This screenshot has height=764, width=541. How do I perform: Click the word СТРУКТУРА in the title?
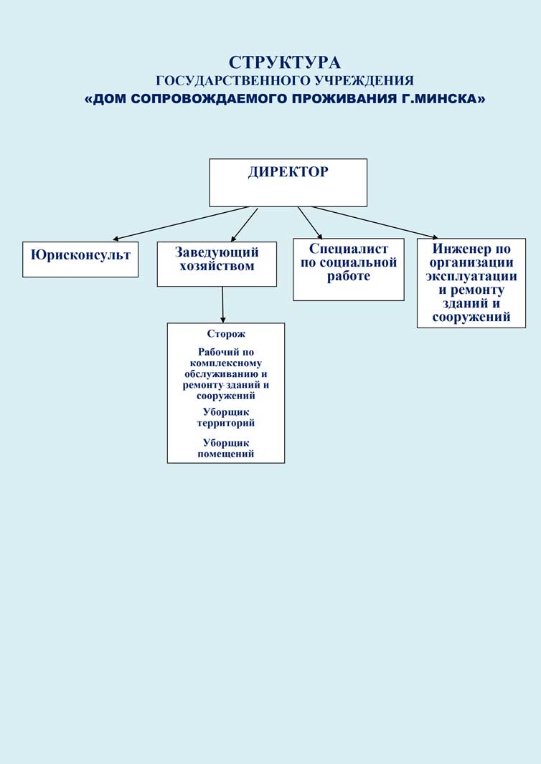[x=285, y=62]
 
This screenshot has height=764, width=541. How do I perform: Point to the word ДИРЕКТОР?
[x=288, y=172]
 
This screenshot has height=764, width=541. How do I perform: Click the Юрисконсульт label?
[x=80, y=254]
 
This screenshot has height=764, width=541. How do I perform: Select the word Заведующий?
[x=217, y=252]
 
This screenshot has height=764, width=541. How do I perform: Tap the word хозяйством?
[x=217, y=267]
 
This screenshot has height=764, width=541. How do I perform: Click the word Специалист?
[x=349, y=249]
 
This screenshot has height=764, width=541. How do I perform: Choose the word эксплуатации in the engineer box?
[x=471, y=277]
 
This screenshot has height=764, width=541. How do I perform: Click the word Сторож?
[x=226, y=334]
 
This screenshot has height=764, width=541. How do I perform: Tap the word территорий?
[x=226, y=423]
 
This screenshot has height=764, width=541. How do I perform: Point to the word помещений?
[x=226, y=454]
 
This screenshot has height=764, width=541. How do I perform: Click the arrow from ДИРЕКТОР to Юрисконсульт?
[x=179, y=223]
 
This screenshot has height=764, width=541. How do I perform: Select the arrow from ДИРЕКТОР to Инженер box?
[x=373, y=221]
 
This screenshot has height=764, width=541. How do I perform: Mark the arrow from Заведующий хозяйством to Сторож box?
[x=223, y=305]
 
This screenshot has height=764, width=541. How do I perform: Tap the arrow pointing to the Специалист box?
[x=310, y=222]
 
